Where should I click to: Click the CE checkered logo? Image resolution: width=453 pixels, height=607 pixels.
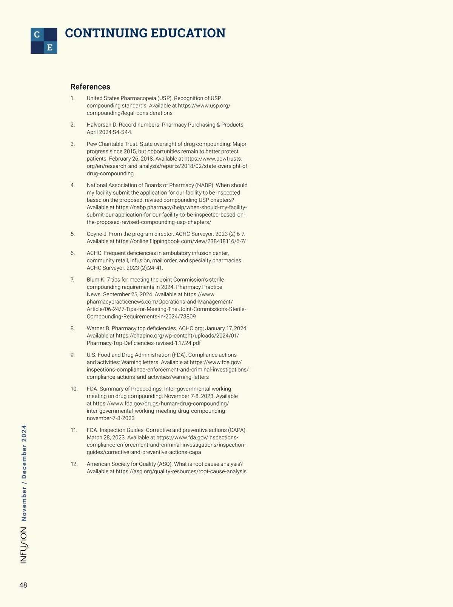44,41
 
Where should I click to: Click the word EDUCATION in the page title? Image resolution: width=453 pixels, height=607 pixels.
188,33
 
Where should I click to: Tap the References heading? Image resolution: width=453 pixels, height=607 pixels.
90,87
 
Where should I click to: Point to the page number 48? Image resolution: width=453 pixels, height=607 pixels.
23,585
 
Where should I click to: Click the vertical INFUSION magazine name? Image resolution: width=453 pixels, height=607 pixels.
24,545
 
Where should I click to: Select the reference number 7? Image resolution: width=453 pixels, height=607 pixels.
72,280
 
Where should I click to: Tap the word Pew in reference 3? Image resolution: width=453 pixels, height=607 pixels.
92,144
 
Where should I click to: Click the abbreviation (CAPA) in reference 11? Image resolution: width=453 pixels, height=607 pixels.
237,430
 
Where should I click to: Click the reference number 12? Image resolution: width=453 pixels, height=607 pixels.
74,464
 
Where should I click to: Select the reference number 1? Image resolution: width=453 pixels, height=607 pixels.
72,98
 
